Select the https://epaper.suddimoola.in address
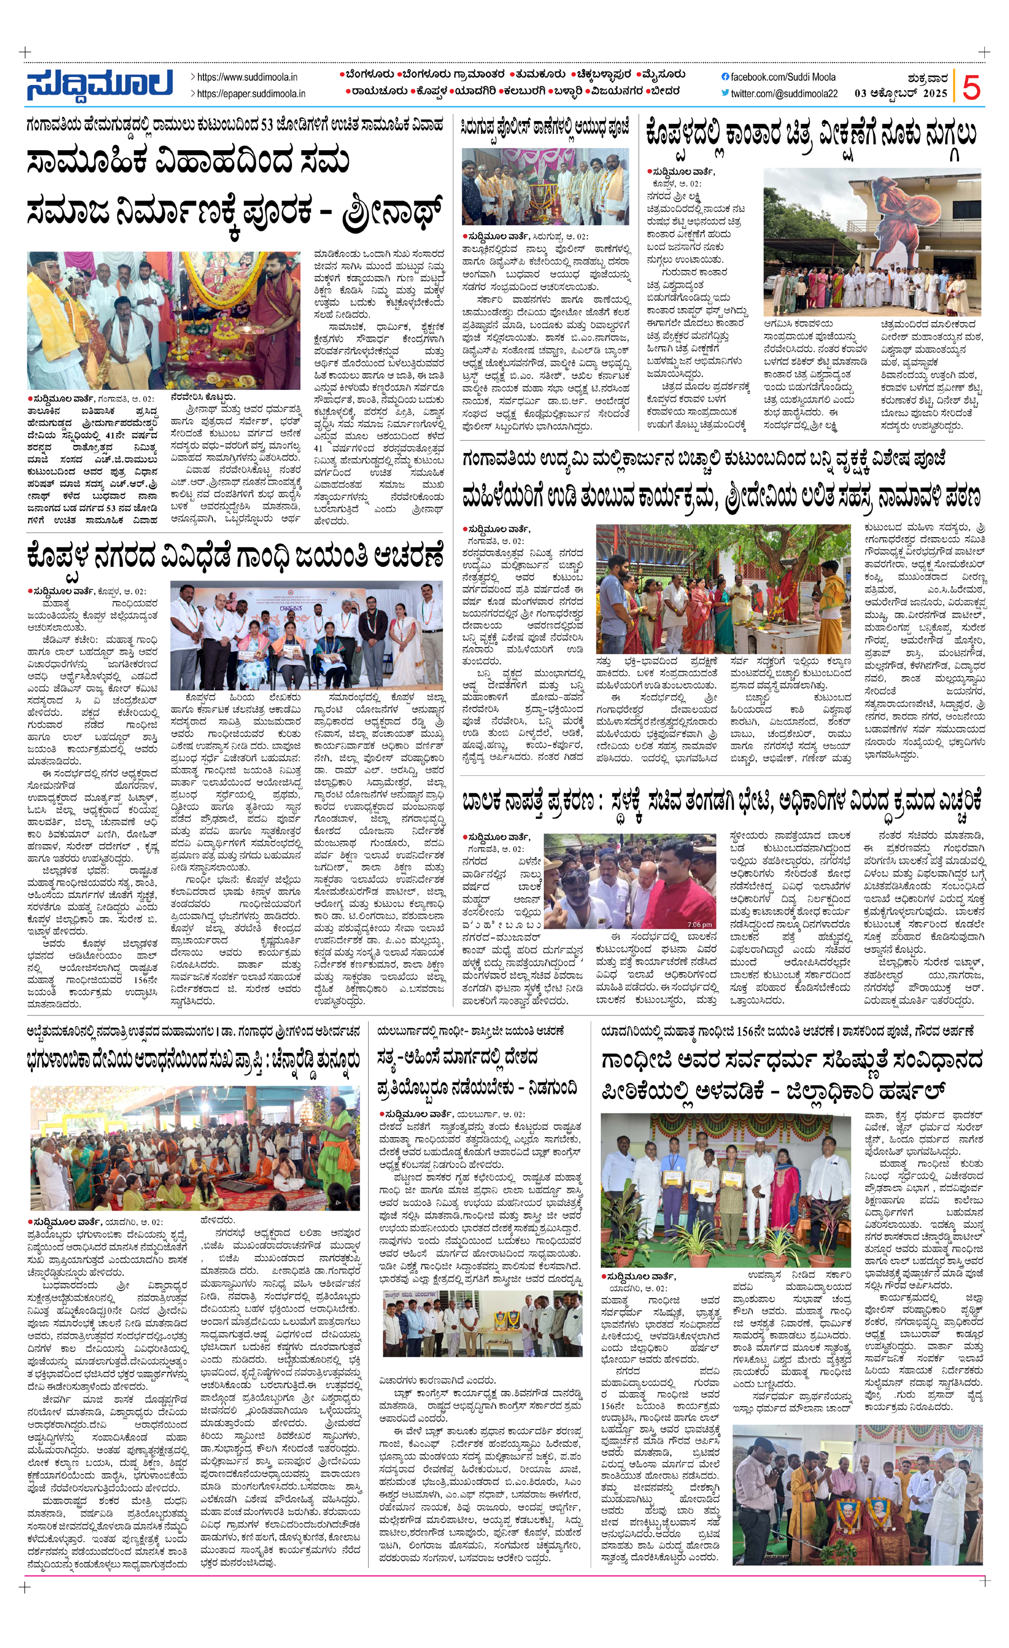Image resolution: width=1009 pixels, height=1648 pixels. tap(251, 94)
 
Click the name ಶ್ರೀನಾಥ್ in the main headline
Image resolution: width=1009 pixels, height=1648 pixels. tap(392, 211)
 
